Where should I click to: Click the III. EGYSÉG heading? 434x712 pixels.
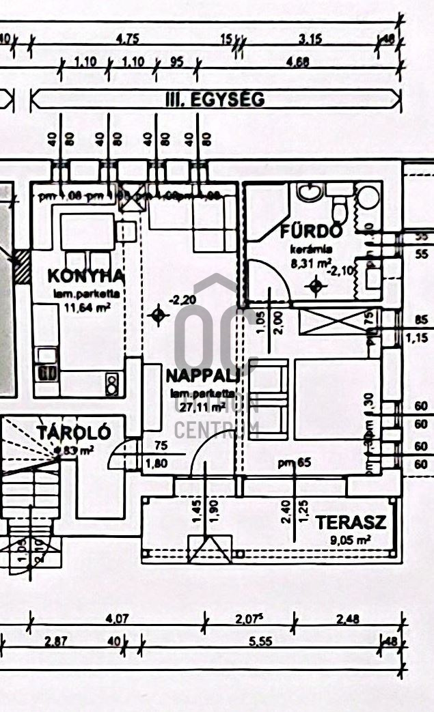point(215,99)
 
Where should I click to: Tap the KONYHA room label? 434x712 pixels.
point(86,276)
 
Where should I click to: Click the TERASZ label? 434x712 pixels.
point(351,523)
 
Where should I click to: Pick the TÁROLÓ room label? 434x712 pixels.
point(74,433)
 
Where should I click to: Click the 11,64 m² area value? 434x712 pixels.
point(86,307)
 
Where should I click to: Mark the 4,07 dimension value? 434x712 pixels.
point(118,620)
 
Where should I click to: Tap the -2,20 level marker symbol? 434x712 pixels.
point(159,315)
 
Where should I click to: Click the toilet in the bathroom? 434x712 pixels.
point(340,202)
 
